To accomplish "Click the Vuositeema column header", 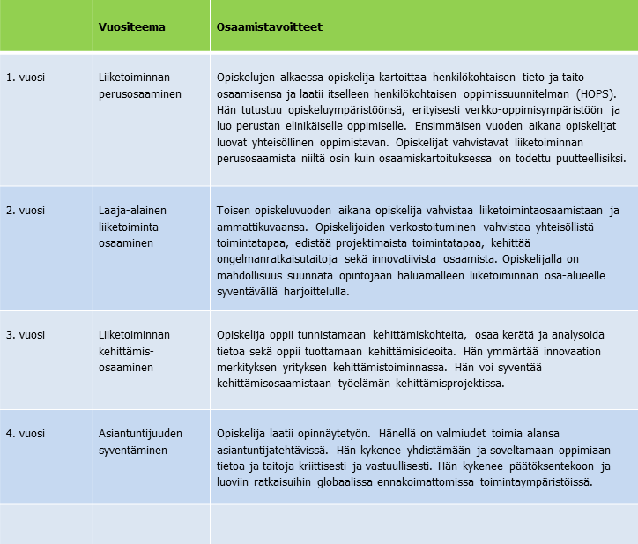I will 131,26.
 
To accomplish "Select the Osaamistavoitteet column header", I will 269,26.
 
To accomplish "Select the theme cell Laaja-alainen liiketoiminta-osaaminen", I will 132,227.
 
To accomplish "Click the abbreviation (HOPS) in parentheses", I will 597,93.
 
